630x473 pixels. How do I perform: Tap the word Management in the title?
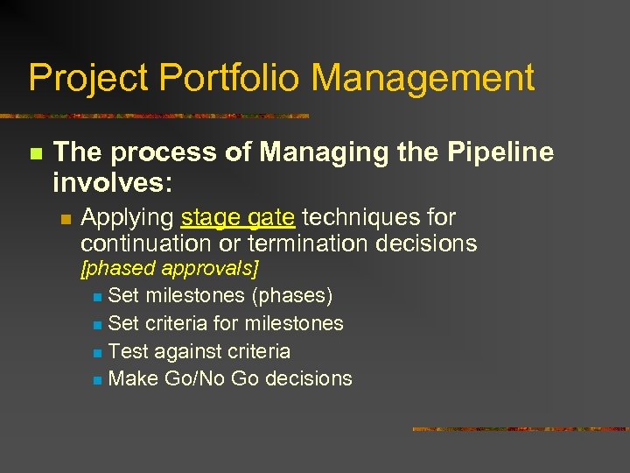point(423,79)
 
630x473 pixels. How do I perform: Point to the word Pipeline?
point(501,152)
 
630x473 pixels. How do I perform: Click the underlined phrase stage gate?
point(238,217)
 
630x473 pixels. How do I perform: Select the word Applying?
point(127,217)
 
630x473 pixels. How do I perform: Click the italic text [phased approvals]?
point(170,268)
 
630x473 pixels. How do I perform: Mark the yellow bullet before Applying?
point(66,218)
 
